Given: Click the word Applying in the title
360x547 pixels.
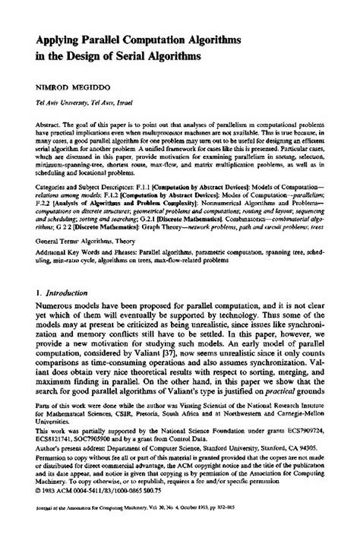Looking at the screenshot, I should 52,39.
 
